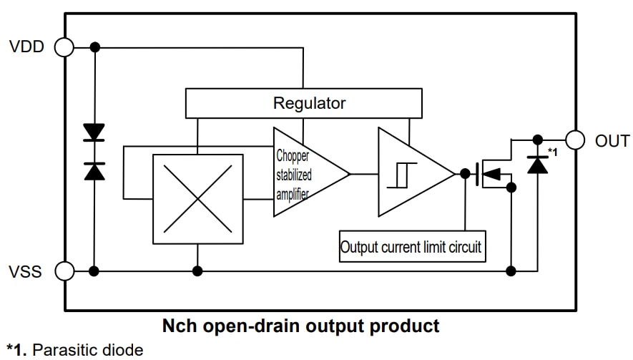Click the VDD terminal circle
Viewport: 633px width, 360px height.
click(64, 47)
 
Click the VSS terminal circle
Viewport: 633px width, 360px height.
click(64, 271)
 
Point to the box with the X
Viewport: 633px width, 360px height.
click(193, 199)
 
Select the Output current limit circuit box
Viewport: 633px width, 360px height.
click(412, 247)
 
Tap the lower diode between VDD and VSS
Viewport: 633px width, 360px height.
click(94, 170)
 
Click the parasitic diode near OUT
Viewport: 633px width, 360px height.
click(537, 164)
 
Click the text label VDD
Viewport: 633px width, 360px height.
click(27, 47)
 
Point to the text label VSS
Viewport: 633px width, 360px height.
click(26, 272)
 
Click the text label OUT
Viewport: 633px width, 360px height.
click(612, 140)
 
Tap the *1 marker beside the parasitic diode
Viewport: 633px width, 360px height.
click(552, 151)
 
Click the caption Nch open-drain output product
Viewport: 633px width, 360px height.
click(300, 327)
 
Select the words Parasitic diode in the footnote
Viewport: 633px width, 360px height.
click(87, 351)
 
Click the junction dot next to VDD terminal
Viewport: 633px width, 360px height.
click(94, 47)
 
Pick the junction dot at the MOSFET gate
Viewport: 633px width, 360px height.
click(465, 173)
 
